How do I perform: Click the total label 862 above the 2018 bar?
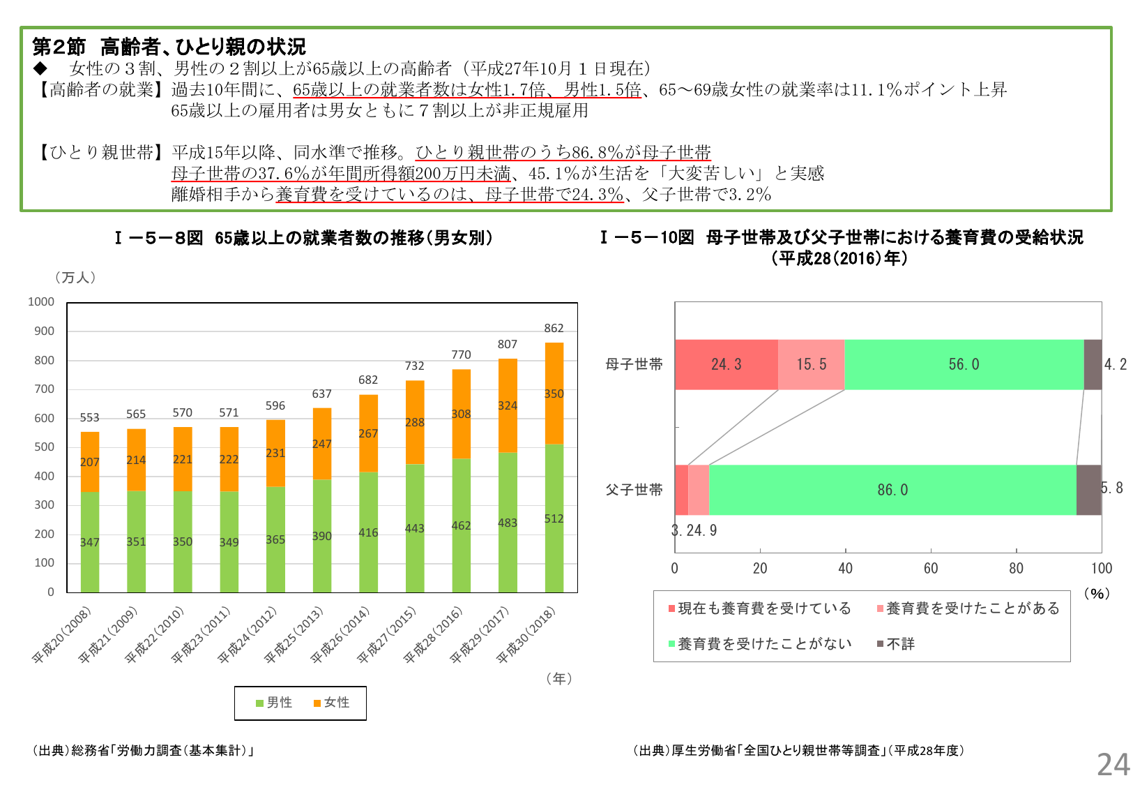[554, 328]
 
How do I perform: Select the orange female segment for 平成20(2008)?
[90, 462]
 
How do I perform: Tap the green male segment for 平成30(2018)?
[554, 518]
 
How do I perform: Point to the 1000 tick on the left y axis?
[41, 301]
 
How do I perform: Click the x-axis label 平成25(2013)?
[294, 635]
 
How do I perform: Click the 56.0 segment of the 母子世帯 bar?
[964, 364]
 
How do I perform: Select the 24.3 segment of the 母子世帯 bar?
[726, 364]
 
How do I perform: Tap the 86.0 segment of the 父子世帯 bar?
[892, 490]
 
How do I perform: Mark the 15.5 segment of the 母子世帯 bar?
[811, 364]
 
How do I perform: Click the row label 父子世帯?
[634, 490]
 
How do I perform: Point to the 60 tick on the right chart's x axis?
[931, 568]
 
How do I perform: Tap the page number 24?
[1113, 765]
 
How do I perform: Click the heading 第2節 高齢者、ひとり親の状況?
[169, 47]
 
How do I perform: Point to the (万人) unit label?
[75, 278]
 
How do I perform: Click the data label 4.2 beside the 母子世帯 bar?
[1116, 364]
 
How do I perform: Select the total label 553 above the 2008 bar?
[89, 417]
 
